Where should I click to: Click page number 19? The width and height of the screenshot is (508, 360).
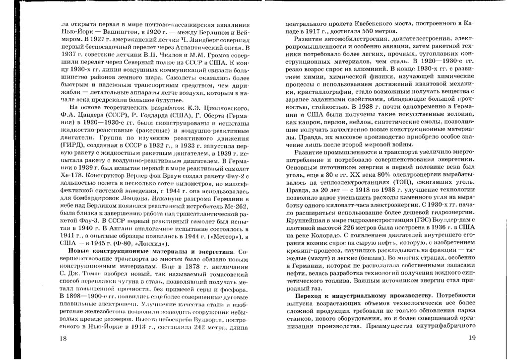(x=472, y=338)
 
